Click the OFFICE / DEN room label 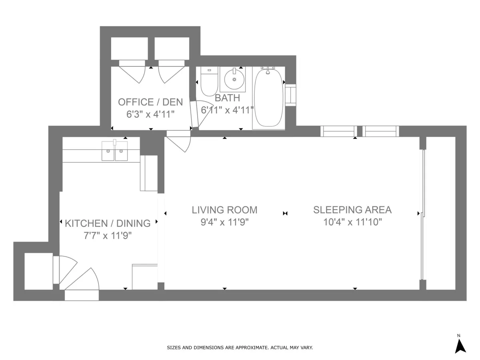(150, 102)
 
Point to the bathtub (268, 98)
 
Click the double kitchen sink (114, 151)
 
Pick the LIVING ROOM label (224, 210)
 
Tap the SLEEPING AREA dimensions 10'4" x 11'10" (353, 222)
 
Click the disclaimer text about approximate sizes (240, 348)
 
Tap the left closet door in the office (132, 72)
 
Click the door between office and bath (194, 115)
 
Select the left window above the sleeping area (339, 131)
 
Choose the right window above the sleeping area (381, 131)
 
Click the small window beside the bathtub (290, 95)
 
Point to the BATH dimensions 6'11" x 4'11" (227, 110)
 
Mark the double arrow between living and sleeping (285, 214)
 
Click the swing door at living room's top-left (178, 141)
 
